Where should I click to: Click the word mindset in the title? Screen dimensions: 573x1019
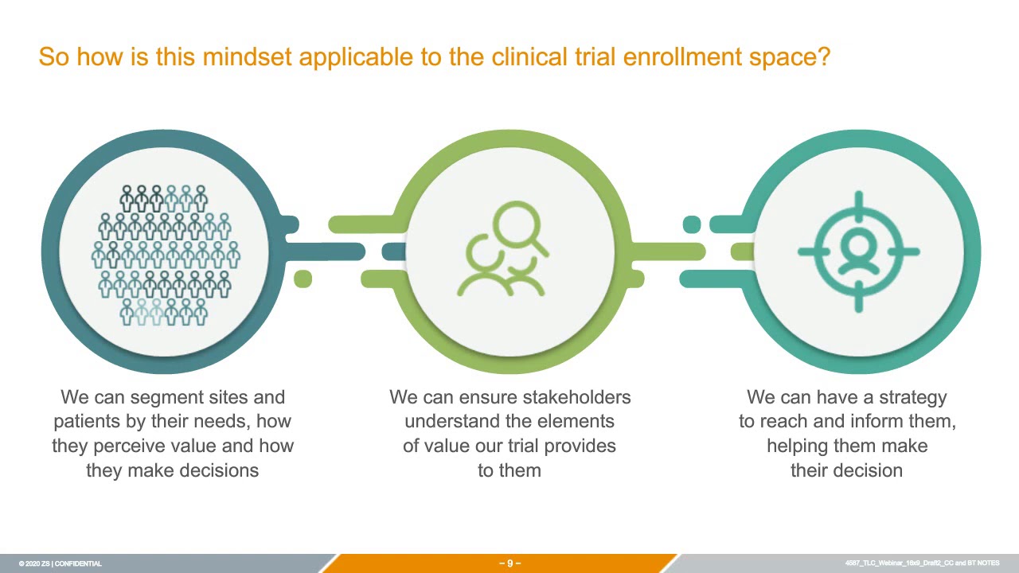[x=249, y=57]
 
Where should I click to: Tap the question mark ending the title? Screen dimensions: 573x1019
[x=824, y=57]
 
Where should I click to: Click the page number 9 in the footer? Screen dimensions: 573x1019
[x=509, y=563]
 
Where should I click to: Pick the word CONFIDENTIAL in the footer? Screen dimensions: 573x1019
[x=78, y=563]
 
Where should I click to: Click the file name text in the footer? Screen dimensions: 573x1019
[x=922, y=563]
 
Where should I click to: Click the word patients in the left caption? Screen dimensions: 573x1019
[x=84, y=422]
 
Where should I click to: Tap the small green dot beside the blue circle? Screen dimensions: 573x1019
[x=303, y=279]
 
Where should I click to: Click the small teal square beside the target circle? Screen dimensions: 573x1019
[x=692, y=225]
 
